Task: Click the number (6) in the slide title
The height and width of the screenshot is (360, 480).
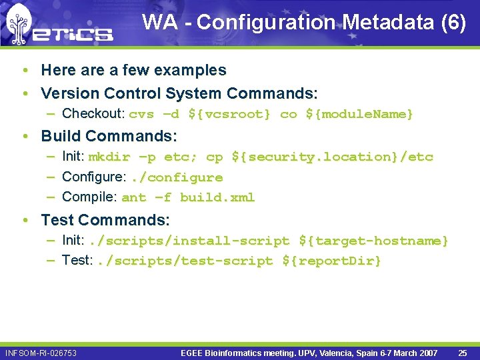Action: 453,23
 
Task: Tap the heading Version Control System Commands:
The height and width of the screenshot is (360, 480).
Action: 179,93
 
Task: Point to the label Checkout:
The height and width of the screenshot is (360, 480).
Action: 93,114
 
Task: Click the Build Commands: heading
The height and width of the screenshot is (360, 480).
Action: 109,136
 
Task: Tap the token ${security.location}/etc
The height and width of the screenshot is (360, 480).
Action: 332,157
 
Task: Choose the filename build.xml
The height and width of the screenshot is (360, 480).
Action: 217,198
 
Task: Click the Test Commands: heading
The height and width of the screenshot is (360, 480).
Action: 105,219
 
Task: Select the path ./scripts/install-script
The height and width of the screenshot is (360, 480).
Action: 189,241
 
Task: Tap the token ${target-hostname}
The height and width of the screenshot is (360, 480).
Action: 373,241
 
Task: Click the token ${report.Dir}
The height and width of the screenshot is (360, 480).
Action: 331,261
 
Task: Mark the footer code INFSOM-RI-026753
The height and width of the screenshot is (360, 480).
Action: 41,353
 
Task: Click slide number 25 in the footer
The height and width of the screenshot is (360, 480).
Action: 463,353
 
